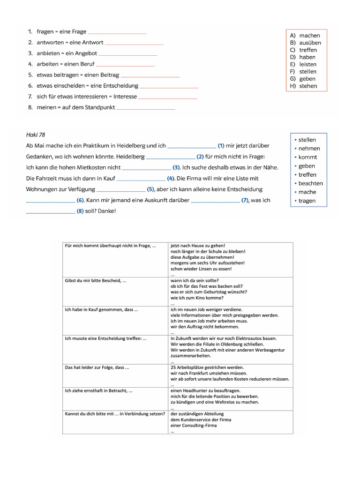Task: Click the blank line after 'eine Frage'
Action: coord(117,32)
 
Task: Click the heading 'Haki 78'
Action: coord(36,135)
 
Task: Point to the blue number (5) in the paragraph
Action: coord(150,189)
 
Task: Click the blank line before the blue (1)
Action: coord(191,146)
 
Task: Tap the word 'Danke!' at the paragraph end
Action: coord(106,211)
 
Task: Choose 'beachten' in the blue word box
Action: coord(310,183)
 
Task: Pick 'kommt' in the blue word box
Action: coord(307,157)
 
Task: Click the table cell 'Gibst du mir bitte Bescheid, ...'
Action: coord(96,280)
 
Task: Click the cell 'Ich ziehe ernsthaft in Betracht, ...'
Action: coord(99,390)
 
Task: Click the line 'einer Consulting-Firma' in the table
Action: coord(194,426)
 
